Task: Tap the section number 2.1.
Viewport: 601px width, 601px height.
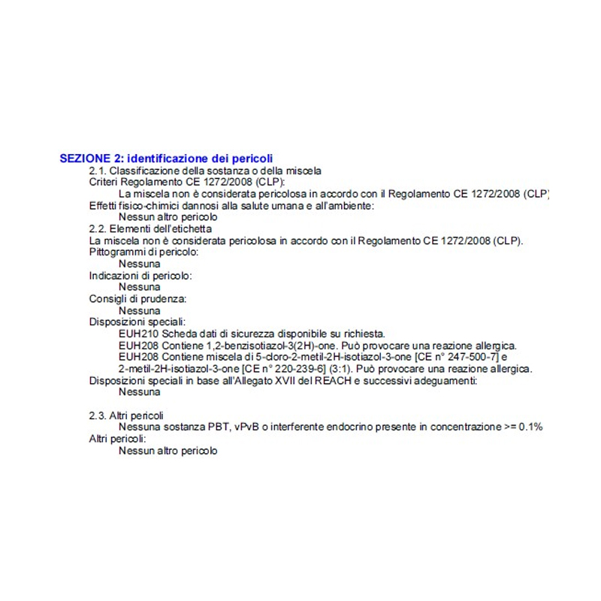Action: (x=98, y=171)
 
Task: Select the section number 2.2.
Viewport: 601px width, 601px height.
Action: (x=98, y=228)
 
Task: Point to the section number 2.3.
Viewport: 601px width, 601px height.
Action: (x=98, y=415)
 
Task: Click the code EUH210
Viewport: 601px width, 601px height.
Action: (x=135, y=334)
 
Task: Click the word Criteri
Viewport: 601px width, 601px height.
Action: (x=104, y=182)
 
